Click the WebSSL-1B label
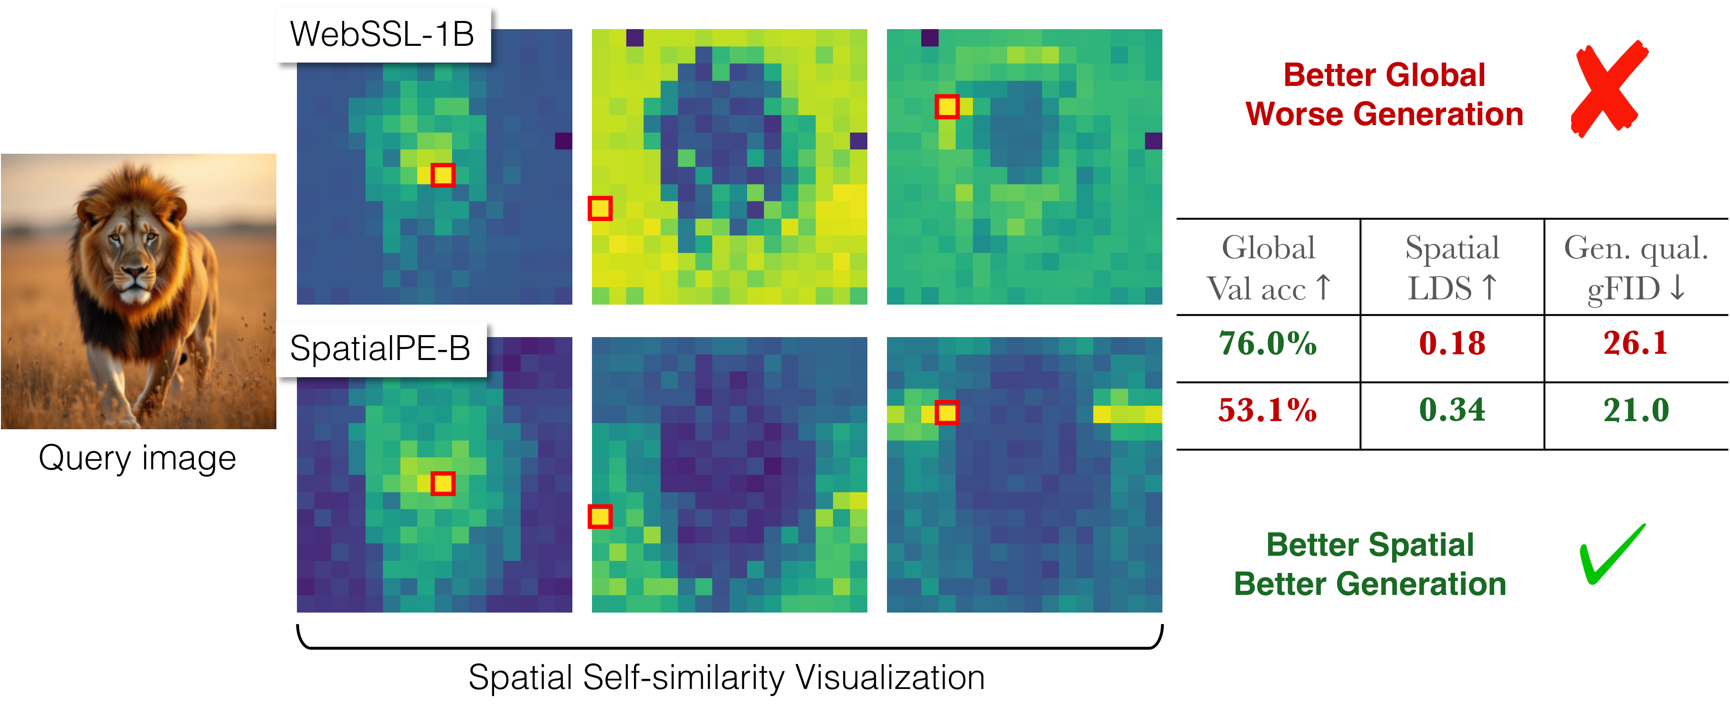[382, 34]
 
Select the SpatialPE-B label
[380, 349]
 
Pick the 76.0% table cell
[1267, 343]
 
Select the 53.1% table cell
[1267, 410]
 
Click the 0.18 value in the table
[1452, 343]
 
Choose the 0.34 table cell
[1452, 410]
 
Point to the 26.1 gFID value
[1635, 343]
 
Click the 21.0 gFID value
[1635, 410]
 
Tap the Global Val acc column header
[1268, 268]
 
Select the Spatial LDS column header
[1452, 268]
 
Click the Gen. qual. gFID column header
[1635, 268]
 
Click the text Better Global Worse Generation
[1383, 95]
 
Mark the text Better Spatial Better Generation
[1370, 564]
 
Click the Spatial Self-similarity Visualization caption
[726, 677]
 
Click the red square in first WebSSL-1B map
[443, 175]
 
